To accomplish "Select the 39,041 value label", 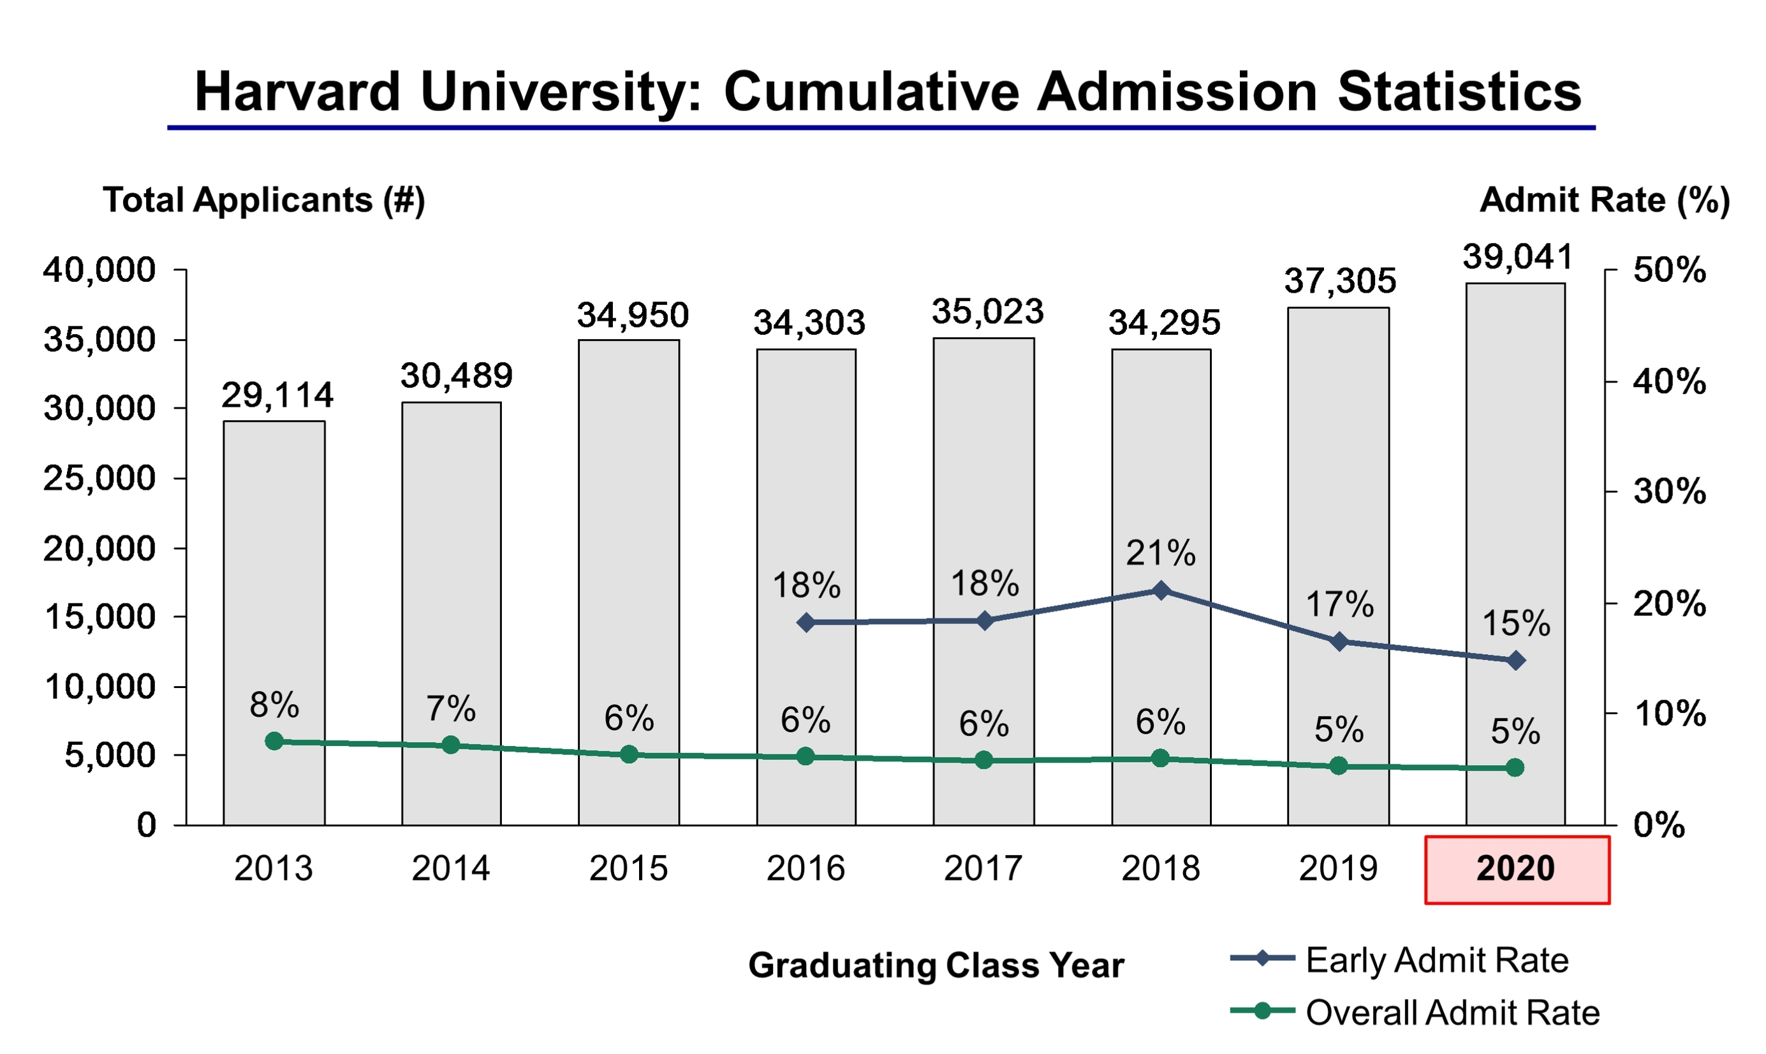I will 1517,257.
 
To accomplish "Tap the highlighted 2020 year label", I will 1517,869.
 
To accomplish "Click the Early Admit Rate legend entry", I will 1435,960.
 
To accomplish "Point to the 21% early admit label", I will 1161,553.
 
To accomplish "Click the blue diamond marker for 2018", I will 1161,591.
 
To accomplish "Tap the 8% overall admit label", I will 274,705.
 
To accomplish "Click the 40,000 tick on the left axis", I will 99,270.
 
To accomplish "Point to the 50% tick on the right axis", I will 1668,270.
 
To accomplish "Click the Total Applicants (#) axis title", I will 263,200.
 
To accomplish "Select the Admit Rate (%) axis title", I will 1604,200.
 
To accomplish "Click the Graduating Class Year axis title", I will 936,966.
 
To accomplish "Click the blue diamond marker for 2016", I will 806,623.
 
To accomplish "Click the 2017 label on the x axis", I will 983,869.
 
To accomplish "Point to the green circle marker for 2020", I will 1515,768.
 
